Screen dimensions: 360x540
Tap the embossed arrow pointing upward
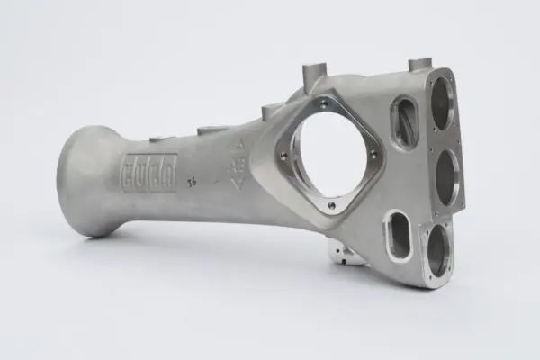239,146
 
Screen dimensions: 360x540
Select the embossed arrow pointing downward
237,184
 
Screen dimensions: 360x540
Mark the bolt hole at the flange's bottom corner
331,205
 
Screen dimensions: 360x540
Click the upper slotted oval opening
405,121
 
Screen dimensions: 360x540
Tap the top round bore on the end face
440,102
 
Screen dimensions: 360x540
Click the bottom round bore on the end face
438,249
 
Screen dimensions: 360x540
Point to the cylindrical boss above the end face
420,64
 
